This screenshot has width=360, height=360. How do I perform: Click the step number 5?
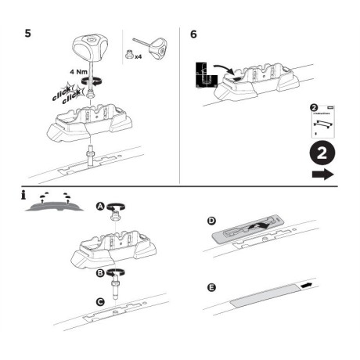[29, 34]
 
